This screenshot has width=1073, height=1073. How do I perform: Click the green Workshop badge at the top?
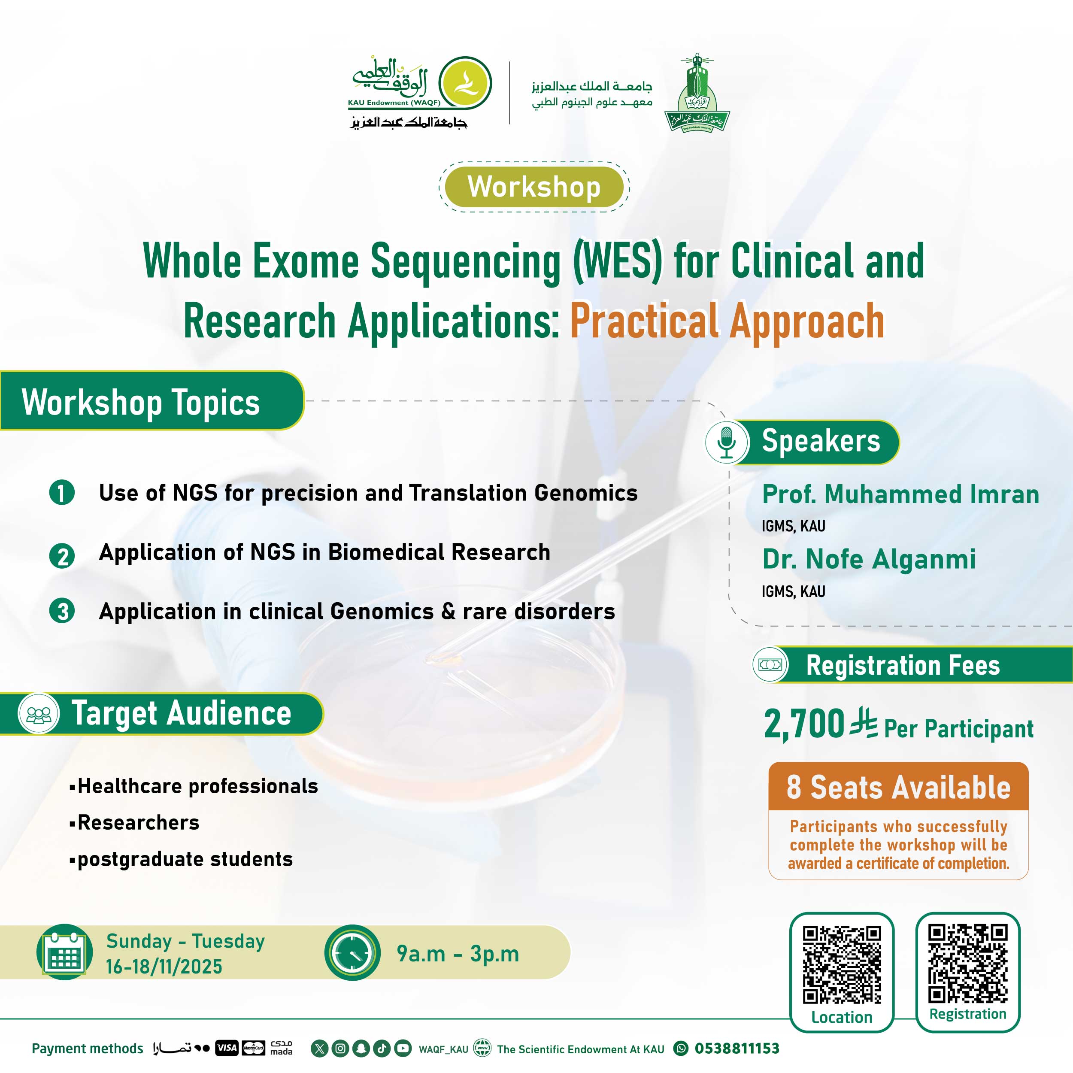(534, 187)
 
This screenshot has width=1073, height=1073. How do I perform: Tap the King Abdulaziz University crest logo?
(697, 93)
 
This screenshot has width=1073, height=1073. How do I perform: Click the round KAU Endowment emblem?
(465, 83)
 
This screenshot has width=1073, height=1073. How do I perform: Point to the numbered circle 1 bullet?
(62, 493)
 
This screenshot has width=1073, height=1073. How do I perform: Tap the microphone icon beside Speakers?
(727, 442)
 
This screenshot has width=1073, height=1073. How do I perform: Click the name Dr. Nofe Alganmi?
(869, 559)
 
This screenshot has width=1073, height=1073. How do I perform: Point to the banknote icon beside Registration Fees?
(771, 664)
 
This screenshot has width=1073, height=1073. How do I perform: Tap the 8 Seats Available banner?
(898, 787)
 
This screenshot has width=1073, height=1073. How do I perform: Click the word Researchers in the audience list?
(138, 822)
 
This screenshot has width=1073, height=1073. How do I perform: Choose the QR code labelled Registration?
(967, 963)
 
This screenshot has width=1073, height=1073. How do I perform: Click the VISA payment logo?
(227, 1048)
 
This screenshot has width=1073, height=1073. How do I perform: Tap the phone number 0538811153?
(737, 1049)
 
